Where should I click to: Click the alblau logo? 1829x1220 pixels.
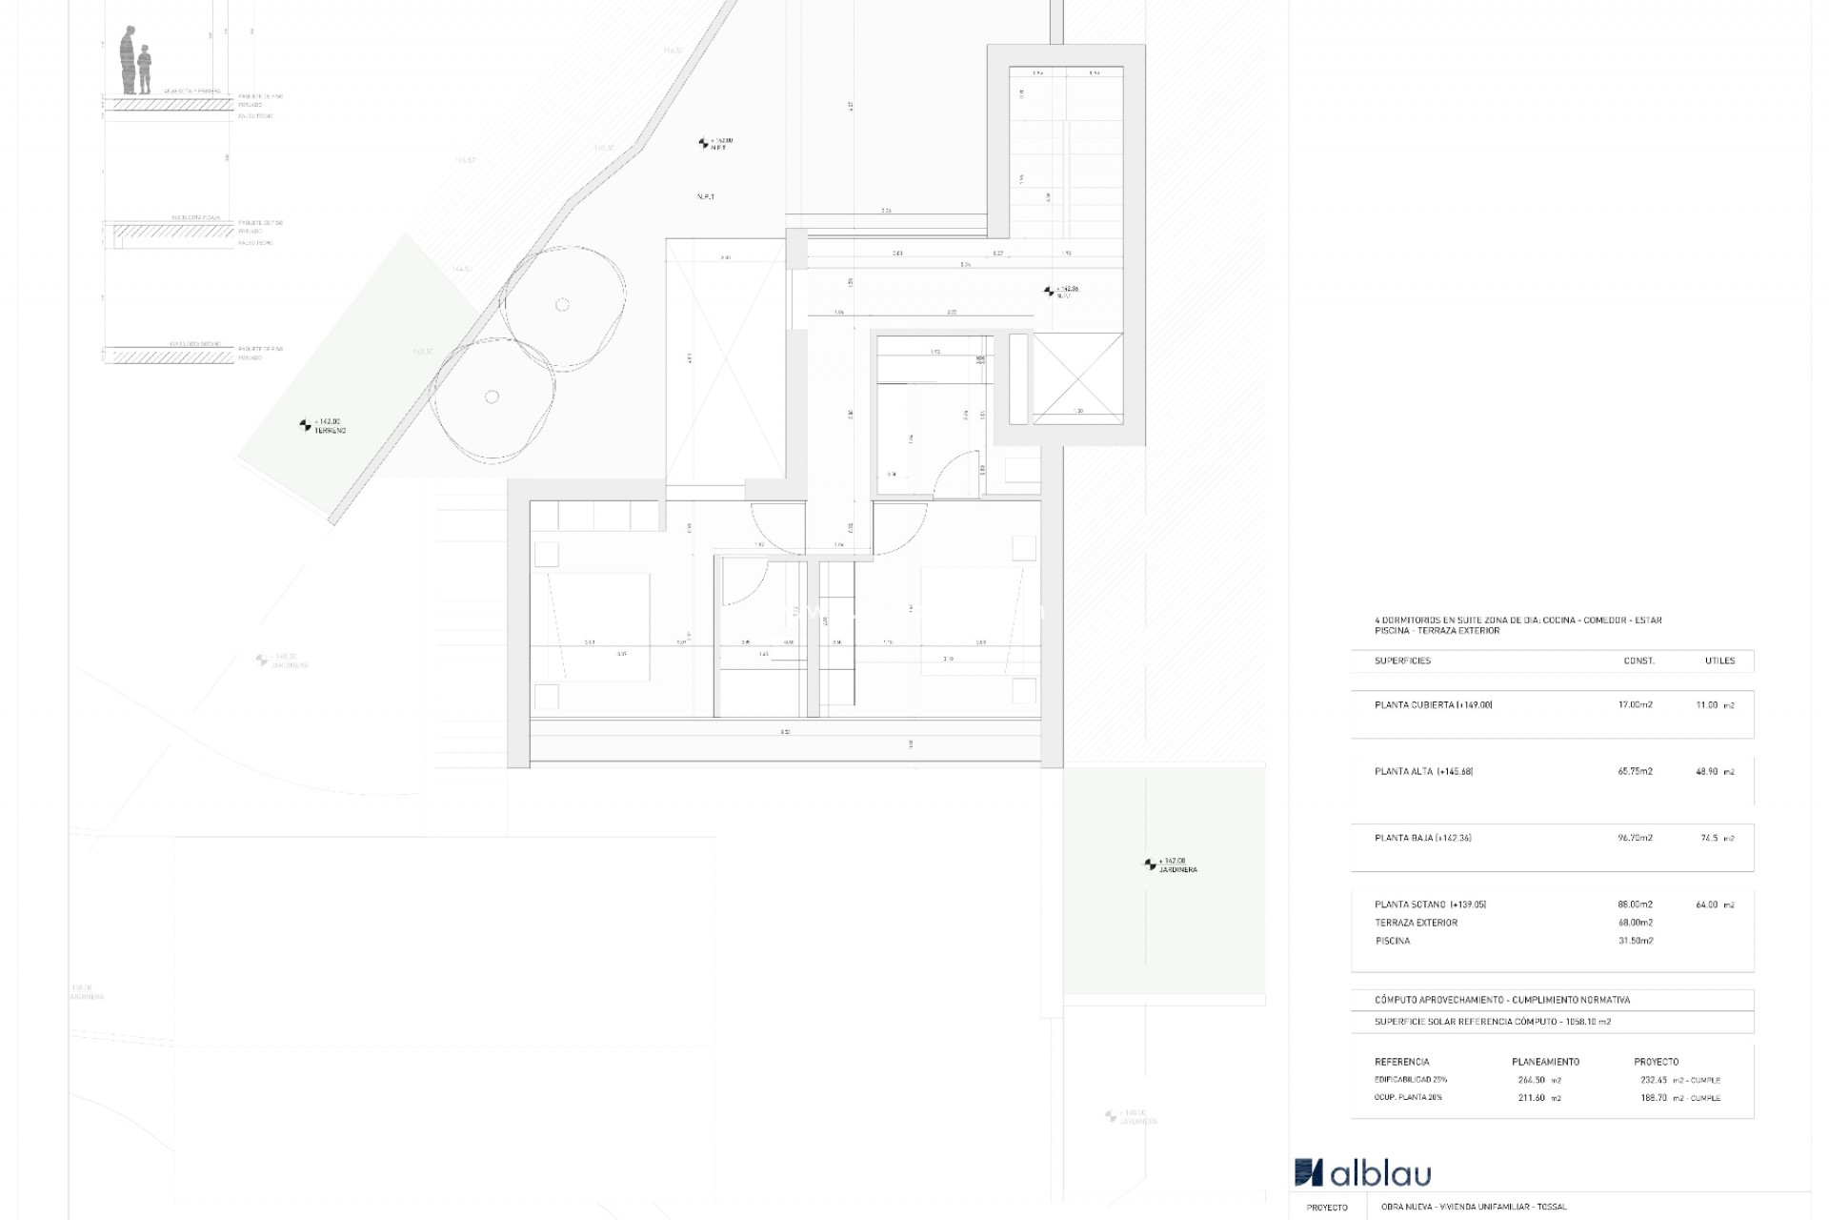[1362, 1172]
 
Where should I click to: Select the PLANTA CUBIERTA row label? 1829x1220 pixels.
[1433, 705]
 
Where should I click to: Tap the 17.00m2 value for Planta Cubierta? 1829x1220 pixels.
[1635, 705]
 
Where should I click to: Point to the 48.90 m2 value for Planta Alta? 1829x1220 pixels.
[1715, 772]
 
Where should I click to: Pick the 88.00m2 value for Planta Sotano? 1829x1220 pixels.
[1635, 905]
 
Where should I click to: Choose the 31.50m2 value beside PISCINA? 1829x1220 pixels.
[1635, 941]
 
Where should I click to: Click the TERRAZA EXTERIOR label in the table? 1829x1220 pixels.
[1416, 923]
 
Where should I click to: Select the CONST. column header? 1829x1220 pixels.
[1638, 661]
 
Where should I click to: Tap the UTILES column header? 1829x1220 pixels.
[1719, 661]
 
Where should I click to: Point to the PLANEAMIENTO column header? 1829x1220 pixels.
[1545, 1062]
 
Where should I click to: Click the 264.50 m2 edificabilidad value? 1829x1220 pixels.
[1539, 1080]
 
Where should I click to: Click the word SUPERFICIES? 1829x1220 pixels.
[1402, 661]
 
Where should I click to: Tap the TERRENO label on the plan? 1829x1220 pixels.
[330, 431]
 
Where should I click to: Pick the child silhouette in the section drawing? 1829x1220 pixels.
[145, 70]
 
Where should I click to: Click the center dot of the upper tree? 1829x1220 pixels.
[562, 305]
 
